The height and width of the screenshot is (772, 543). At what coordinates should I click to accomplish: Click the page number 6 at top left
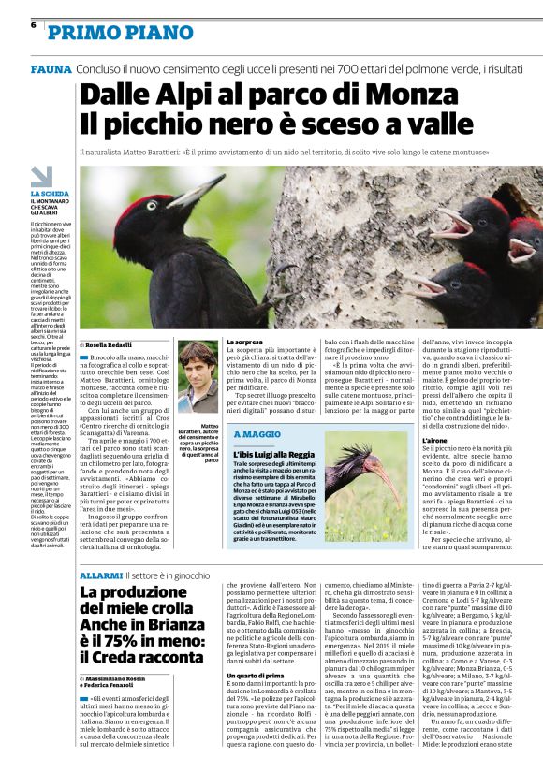pos(33,25)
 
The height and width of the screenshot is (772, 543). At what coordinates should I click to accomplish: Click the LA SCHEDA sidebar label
pos(48,194)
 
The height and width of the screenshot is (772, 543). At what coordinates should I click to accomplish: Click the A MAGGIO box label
pos(257,434)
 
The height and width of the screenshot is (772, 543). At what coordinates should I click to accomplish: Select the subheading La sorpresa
pos(244,342)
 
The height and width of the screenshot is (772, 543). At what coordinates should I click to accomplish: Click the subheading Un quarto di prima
pos(253,702)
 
